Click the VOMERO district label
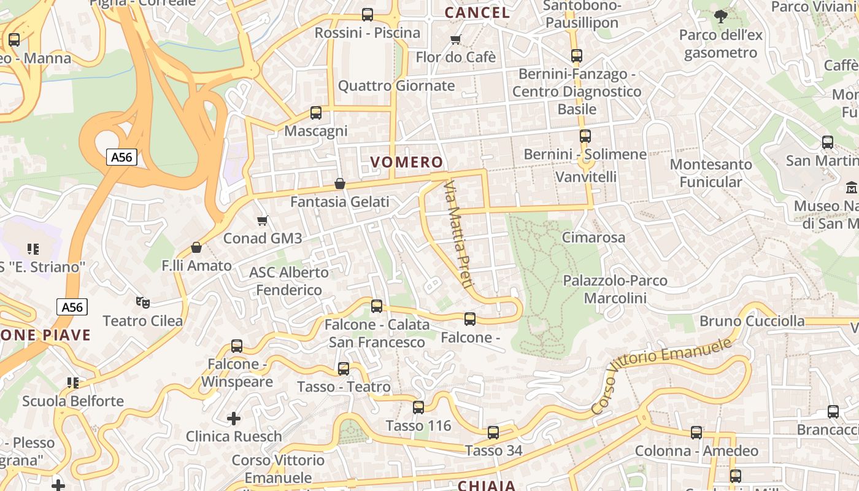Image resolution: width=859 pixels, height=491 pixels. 406,162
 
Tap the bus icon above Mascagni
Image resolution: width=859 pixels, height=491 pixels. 316,113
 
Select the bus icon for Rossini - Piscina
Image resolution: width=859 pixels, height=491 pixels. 368,15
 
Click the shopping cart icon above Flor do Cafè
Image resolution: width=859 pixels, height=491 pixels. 455,40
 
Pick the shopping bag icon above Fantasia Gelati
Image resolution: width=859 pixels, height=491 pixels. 339,184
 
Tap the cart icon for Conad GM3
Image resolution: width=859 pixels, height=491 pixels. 263,220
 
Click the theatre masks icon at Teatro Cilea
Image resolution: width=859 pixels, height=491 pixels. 143,302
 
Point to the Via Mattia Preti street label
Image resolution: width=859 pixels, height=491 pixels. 459,234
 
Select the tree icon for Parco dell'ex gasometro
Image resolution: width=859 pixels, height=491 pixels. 720,17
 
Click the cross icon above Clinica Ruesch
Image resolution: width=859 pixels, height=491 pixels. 234,419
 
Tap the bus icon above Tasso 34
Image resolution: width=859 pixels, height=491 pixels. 493,433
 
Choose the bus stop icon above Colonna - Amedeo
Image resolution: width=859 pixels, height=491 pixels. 696,433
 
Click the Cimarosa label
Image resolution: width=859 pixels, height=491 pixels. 593,238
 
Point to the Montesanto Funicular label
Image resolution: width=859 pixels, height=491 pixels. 711,173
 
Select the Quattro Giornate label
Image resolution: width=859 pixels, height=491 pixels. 396,85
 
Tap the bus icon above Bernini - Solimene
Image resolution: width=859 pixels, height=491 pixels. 585,136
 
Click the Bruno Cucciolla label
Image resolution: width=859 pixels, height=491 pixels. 752,321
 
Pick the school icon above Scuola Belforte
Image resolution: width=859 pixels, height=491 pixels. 73,383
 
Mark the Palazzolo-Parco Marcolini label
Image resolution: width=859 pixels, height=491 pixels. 615,289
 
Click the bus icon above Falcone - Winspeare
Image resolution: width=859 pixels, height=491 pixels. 237,346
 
